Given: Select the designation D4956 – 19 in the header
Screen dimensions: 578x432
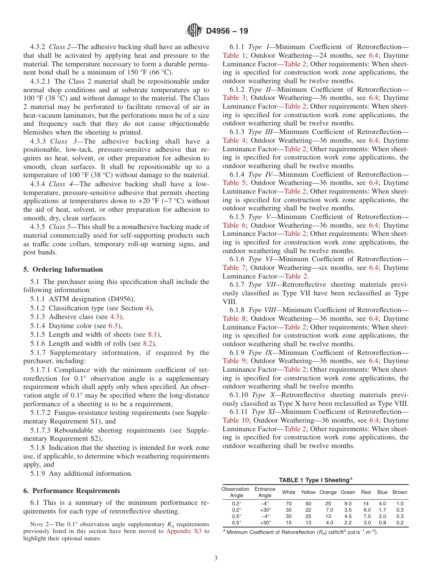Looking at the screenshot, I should (227, 31).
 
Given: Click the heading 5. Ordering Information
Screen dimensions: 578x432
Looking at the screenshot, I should (63, 269).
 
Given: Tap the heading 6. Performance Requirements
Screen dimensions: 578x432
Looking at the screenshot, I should (72, 491).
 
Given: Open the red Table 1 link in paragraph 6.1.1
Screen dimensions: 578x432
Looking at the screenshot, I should (234, 55).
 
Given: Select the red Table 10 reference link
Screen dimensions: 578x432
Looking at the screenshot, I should (236, 420).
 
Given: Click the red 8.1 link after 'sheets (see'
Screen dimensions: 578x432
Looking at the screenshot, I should (154, 334).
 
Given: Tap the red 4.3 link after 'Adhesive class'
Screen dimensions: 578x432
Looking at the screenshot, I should (115, 317).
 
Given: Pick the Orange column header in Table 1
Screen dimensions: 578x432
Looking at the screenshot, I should (328, 492).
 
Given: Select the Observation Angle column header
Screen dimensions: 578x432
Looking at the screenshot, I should (236, 492).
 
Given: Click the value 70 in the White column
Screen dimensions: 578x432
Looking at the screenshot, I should (288, 503).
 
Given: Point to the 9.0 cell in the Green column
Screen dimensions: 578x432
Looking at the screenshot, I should (348, 503).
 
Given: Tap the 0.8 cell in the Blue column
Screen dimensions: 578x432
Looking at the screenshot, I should (382, 523).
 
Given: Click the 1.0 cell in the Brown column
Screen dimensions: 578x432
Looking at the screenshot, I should (400, 503).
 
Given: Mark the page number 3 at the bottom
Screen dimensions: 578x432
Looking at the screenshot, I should (216, 558).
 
